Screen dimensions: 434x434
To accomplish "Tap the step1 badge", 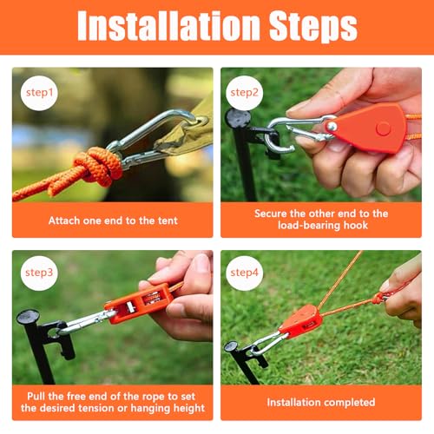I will coord(38,91).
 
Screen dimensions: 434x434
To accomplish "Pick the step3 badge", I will coord(38,273).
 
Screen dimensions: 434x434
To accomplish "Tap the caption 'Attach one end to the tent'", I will coord(113,220).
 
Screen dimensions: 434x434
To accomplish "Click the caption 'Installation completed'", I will coord(320,402).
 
